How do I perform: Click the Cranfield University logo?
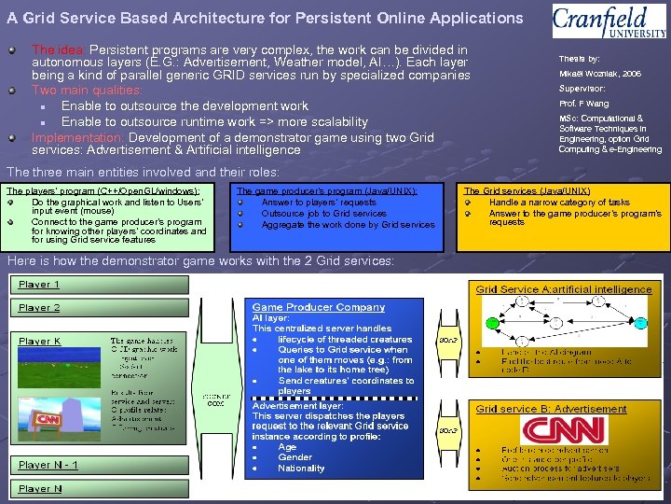[609, 21]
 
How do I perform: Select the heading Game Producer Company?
[318, 307]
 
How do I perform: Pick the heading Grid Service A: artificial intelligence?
[564, 289]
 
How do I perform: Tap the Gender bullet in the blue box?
[294, 457]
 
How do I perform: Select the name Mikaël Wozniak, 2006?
[599, 74]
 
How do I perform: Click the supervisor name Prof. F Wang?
[583, 104]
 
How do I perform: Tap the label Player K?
[39, 342]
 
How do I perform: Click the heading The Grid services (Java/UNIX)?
[526, 190]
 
